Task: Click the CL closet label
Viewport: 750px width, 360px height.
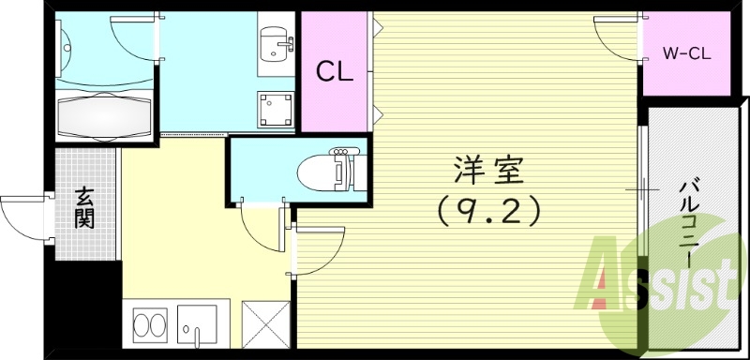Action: [x=335, y=71]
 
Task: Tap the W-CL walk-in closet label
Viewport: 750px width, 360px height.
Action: [x=687, y=53]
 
